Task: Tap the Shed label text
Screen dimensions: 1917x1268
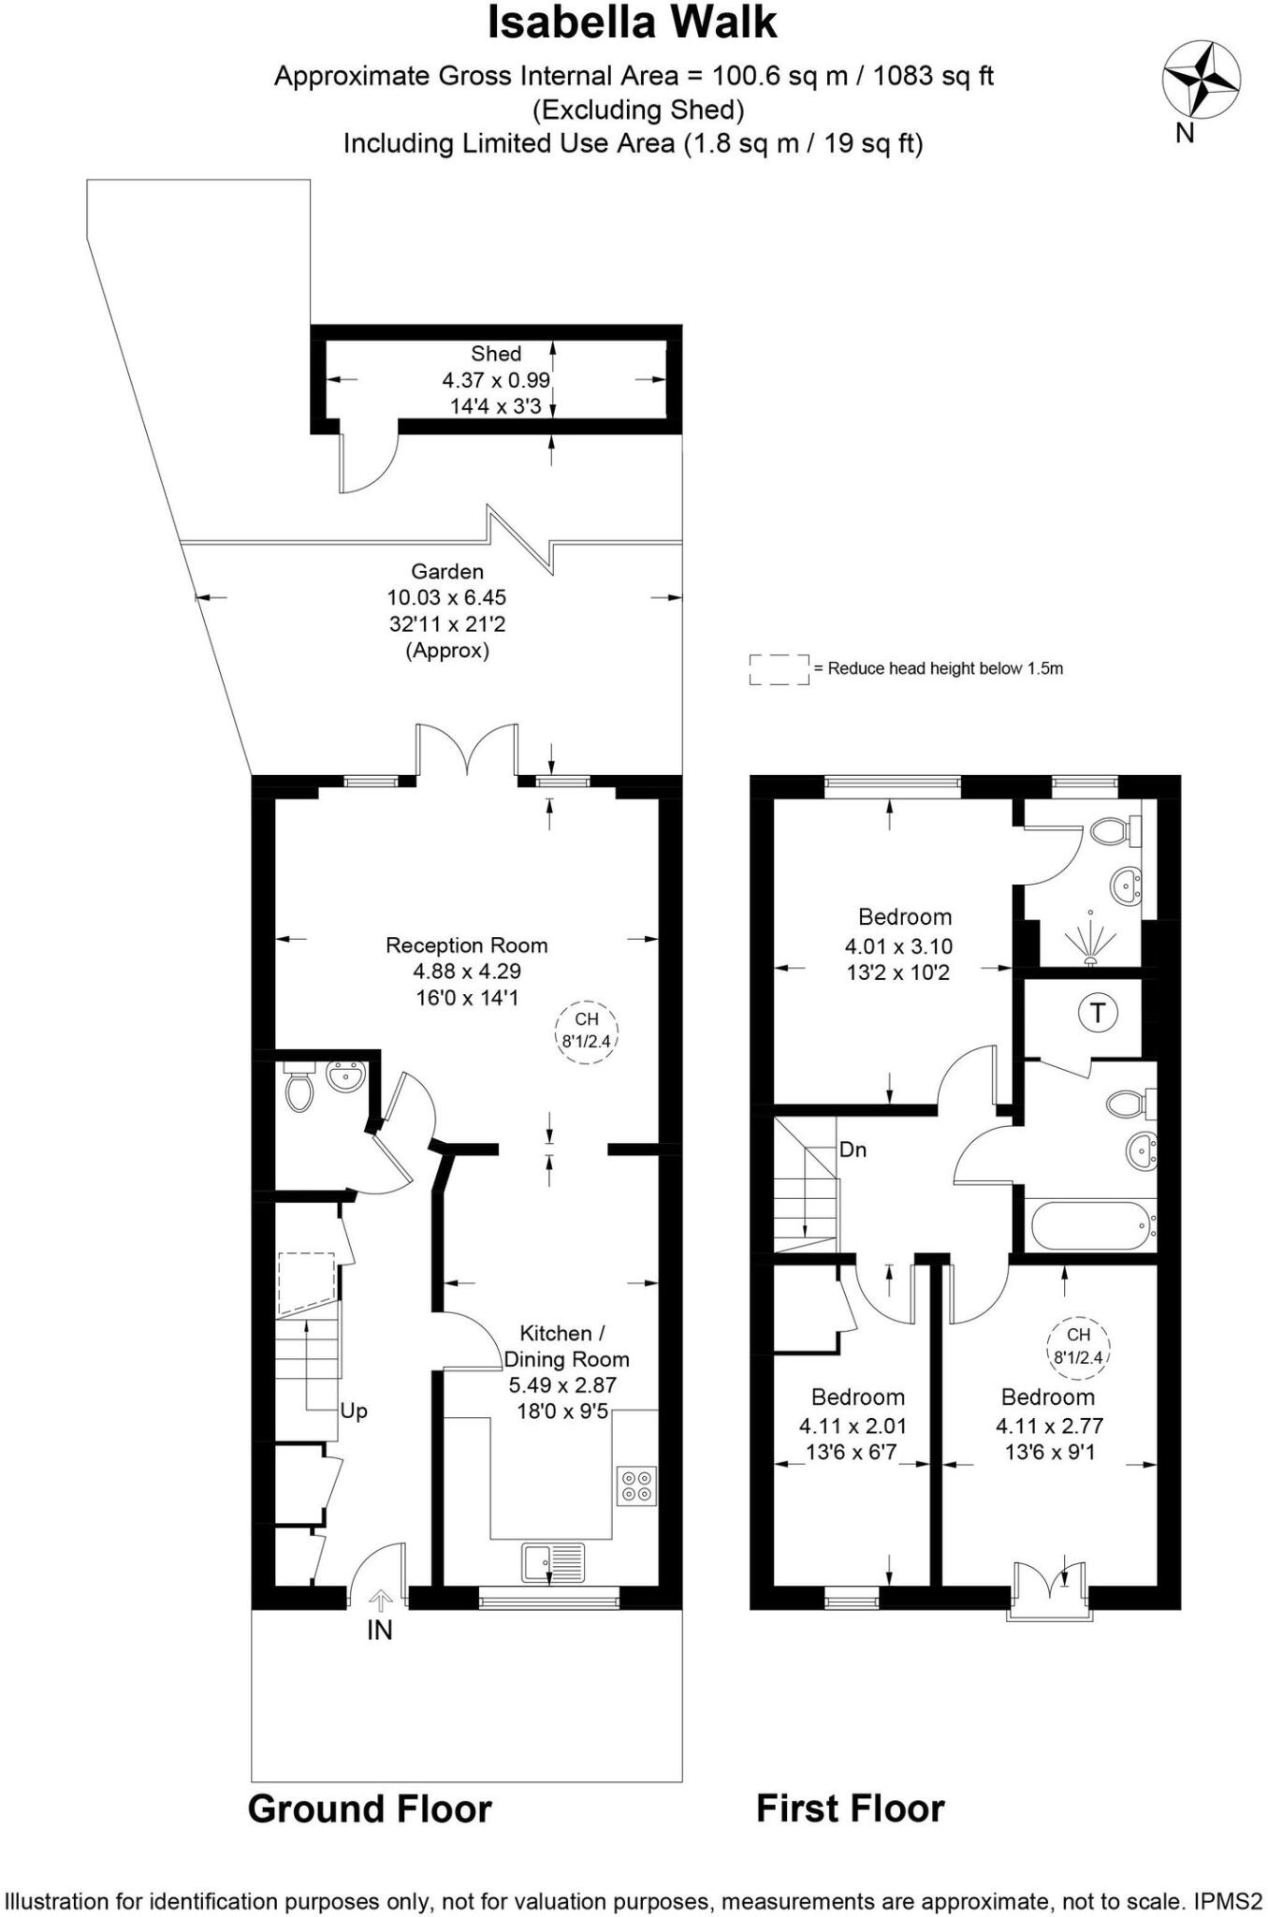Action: [x=496, y=354]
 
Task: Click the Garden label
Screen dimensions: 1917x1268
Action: [x=447, y=572]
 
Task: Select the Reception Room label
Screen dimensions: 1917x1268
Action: [x=466, y=945]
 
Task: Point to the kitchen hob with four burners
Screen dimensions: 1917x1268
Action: [x=637, y=1485]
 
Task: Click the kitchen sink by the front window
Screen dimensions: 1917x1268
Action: [x=552, y=1562]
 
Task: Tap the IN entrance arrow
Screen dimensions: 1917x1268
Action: [x=380, y=1601]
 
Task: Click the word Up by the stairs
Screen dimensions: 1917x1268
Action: [x=354, y=1411]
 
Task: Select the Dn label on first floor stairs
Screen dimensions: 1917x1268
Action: [x=853, y=1149]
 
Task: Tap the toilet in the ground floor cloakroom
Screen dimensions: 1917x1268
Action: [x=299, y=1089]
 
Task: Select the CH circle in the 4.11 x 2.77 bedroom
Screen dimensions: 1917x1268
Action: [x=1078, y=1347]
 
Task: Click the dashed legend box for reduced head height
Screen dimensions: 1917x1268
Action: [x=779, y=669]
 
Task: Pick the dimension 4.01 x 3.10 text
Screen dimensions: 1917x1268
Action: [x=898, y=946]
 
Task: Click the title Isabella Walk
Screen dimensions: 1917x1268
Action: [x=633, y=23]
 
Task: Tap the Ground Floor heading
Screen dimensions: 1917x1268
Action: [x=370, y=1809]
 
